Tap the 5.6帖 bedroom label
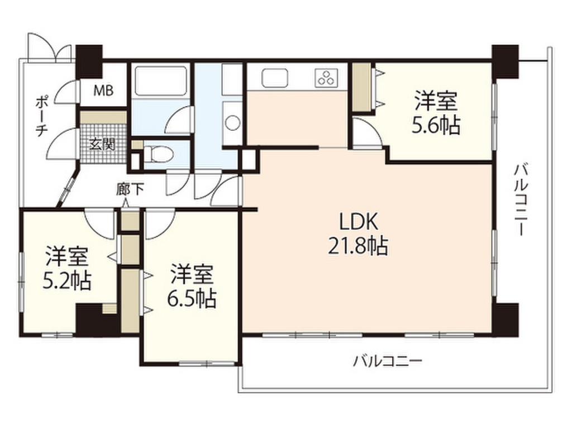pyautogui.click(x=436, y=114)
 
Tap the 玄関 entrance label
pyautogui.click(x=103, y=144)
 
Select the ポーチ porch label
pyautogui.click(x=41, y=114)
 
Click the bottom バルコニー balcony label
pyautogui.click(x=387, y=361)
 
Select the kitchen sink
pyautogui.click(x=274, y=78)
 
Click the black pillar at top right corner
pyautogui.click(x=506, y=61)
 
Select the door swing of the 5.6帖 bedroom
pyautogui.click(x=365, y=134)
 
